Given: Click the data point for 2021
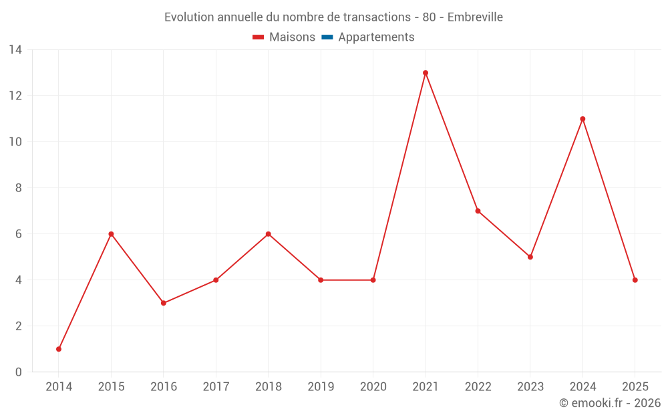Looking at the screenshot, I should click(x=426, y=73).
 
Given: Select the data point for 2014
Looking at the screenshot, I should click(x=59, y=349).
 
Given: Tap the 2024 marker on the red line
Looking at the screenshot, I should click(x=582, y=119).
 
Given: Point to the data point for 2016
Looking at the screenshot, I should click(x=164, y=303).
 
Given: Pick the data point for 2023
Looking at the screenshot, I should click(x=530, y=257).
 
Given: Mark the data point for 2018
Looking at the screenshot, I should click(x=269, y=234).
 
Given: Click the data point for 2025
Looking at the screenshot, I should click(x=635, y=280).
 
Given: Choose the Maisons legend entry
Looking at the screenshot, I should click(x=292, y=37).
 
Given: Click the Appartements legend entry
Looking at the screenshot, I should click(x=376, y=37).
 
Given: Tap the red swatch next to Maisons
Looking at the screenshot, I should click(x=259, y=37).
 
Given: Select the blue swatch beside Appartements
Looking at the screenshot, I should click(x=327, y=37).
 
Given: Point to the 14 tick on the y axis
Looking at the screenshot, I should click(x=15, y=49).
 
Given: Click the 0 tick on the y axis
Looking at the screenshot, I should click(x=19, y=372).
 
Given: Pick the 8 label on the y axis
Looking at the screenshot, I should click(x=19, y=187).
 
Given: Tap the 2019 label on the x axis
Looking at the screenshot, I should click(x=321, y=386).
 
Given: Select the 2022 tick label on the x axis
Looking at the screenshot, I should click(x=478, y=386).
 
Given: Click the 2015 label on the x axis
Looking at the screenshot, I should click(x=111, y=386).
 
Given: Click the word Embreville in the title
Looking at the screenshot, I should click(x=475, y=17).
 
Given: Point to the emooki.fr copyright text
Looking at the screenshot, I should click(x=610, y=403).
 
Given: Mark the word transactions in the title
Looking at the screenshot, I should click(x=375, y=17).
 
